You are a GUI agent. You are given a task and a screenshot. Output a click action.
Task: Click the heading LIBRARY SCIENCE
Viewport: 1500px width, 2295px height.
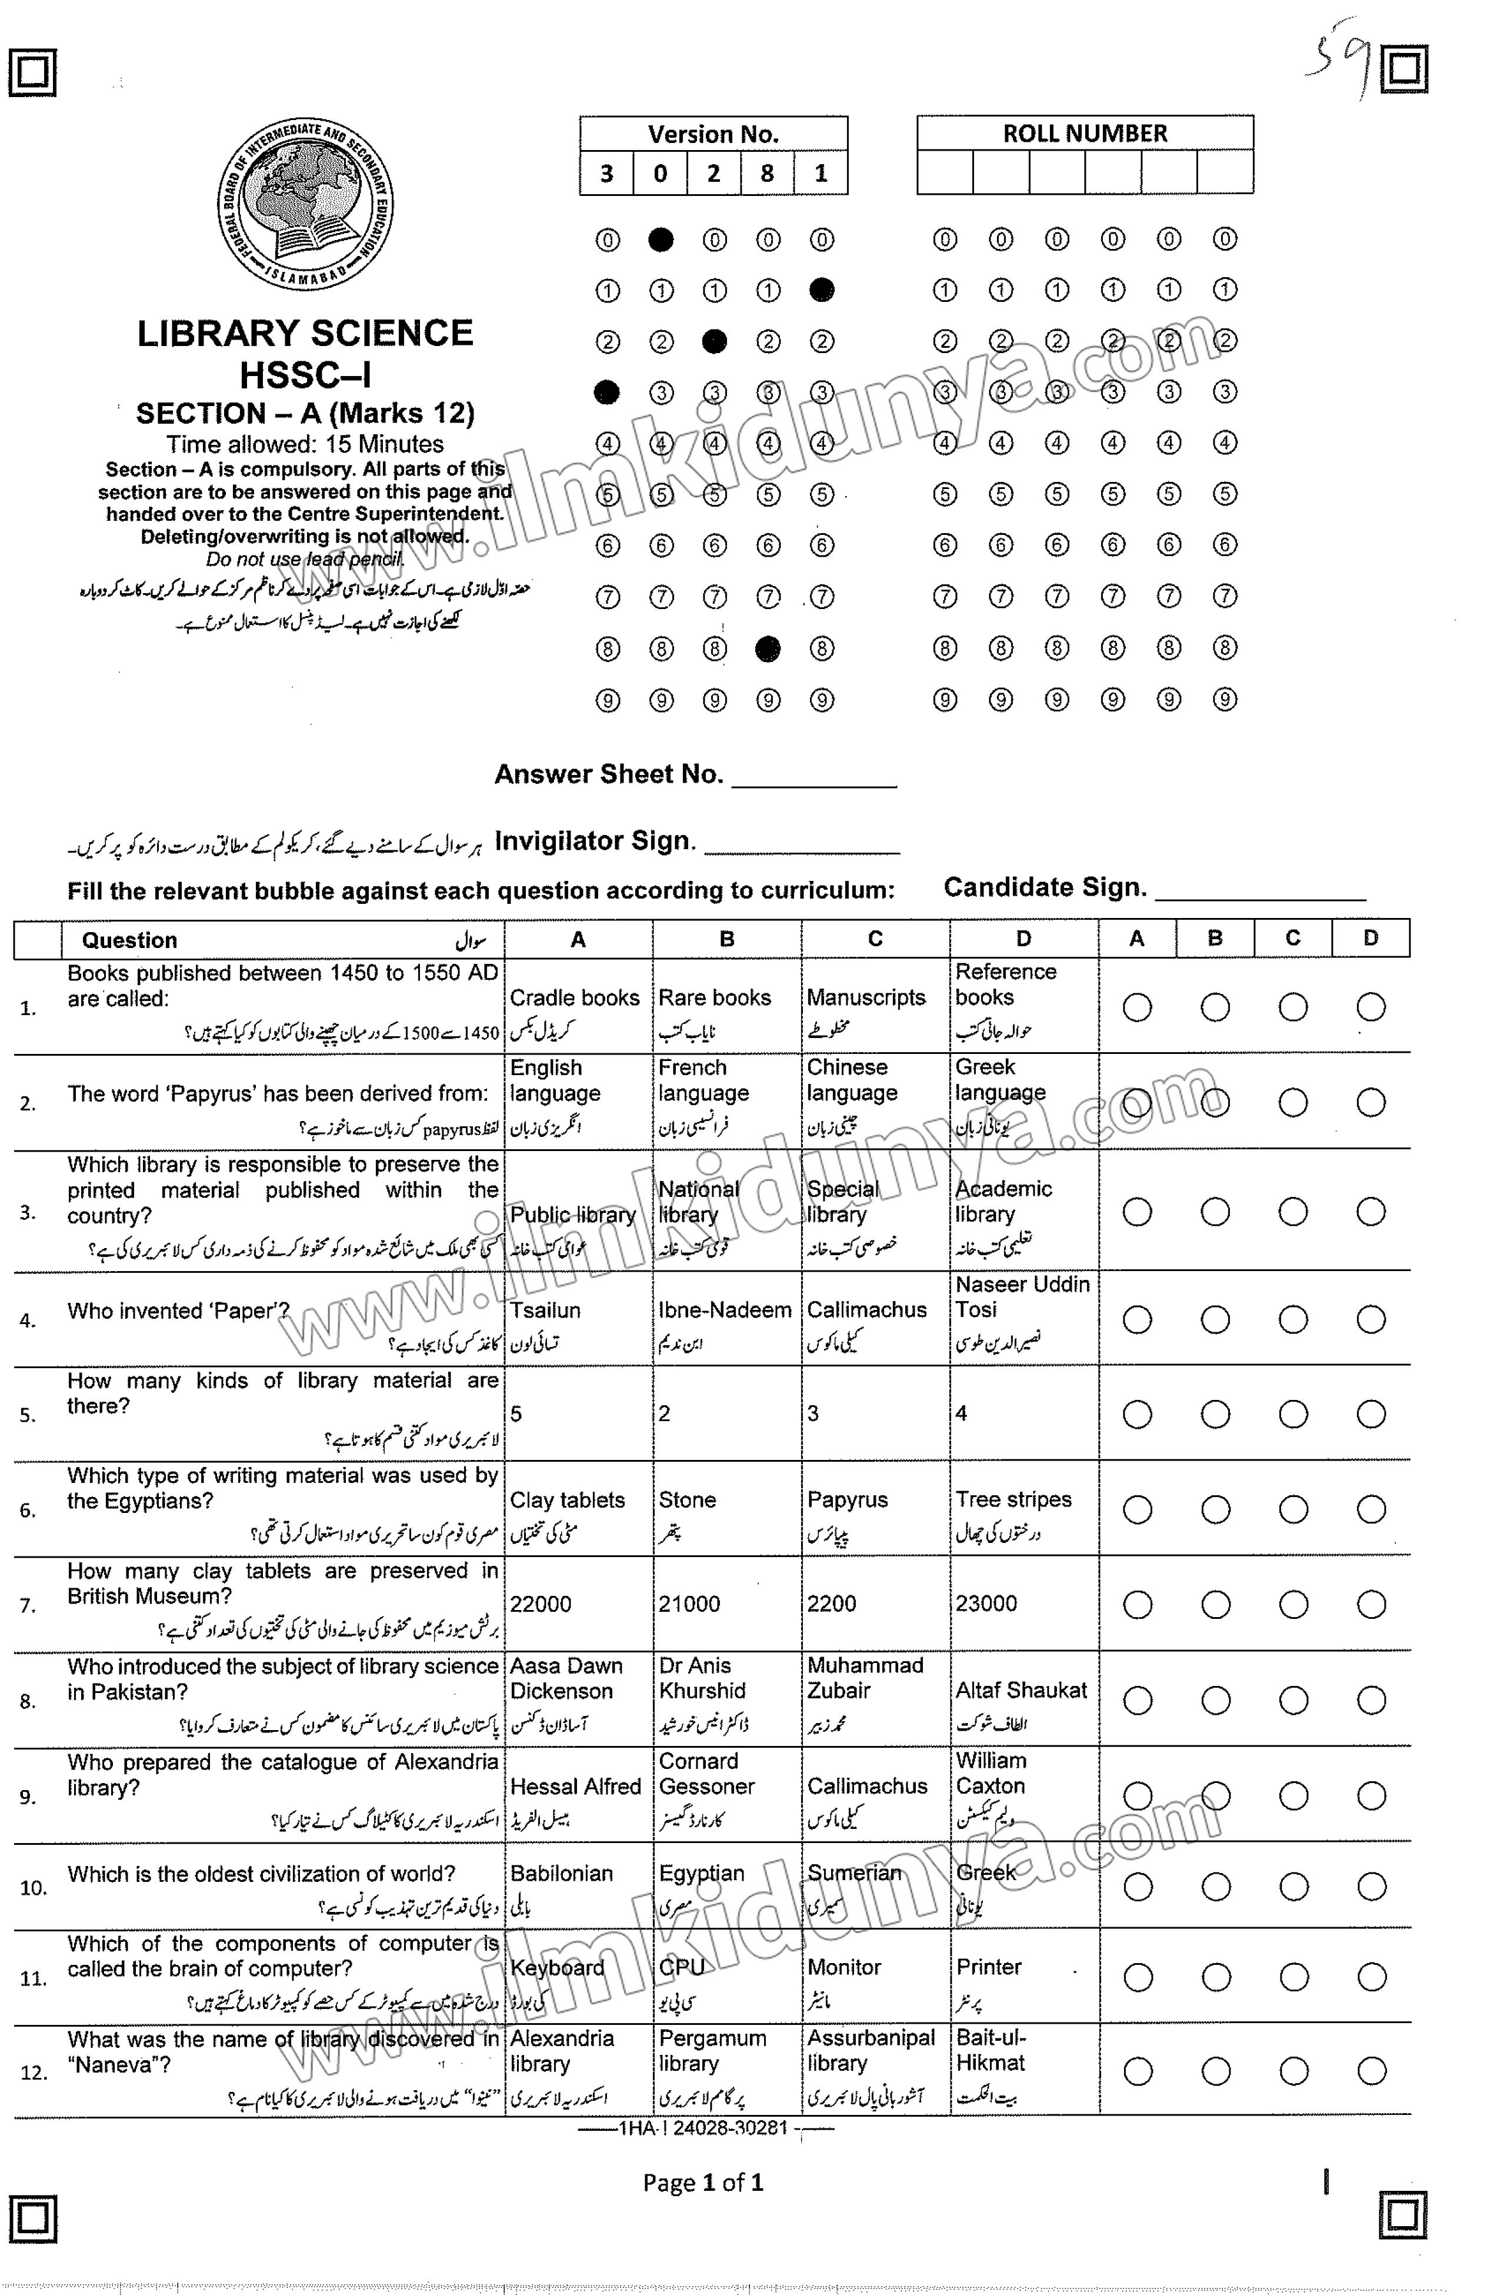305,334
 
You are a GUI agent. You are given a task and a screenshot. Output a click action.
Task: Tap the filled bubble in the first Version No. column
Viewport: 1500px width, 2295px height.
606,391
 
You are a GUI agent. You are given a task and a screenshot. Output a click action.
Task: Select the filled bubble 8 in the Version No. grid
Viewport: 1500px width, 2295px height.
767,649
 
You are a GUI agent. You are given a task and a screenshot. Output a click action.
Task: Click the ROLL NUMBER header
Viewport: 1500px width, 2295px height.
1085,133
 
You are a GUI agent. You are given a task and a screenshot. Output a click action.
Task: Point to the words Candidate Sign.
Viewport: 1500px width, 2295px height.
1044,887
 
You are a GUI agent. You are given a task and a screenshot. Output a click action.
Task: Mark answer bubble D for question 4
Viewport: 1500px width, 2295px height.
1371,1319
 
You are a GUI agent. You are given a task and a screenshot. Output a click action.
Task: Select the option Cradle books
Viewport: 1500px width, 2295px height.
575,998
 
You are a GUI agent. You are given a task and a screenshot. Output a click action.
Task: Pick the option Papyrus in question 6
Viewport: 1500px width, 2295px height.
848,1501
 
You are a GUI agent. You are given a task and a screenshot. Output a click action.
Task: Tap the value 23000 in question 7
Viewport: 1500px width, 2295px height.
986,1604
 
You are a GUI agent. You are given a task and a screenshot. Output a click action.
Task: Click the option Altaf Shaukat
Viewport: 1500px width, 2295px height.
1021,1691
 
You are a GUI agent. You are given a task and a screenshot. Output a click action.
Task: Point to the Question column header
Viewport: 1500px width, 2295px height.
129,940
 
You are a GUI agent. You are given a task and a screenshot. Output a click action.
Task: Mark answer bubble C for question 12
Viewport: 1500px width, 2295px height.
1294,2071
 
